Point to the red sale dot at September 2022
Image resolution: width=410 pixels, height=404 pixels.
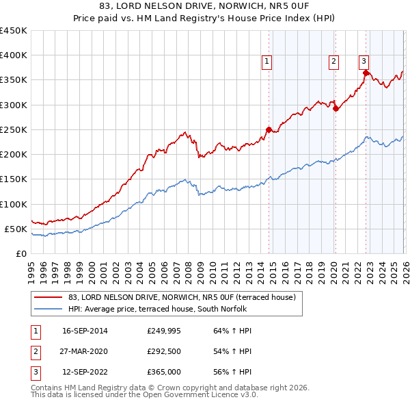[366, 73]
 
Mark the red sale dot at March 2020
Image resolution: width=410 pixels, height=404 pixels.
[336, 108]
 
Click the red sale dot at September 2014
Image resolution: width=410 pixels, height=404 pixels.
[269, 129]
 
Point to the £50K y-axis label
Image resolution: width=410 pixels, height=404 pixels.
[16, 229]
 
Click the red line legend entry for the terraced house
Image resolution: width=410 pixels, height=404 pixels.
[181, 297]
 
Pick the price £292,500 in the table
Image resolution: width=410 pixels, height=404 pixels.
[164, 351]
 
